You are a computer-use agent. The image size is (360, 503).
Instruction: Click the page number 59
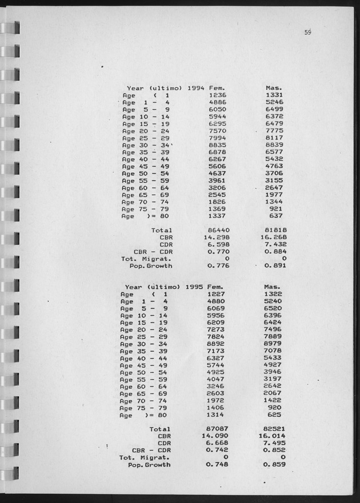point(307,33)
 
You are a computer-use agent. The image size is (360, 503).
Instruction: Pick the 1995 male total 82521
point(275,429)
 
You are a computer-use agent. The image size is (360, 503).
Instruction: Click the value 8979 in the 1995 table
point(275,344)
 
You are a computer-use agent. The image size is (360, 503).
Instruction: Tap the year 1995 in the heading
point(195,286)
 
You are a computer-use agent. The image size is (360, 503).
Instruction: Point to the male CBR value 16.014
point(272,436)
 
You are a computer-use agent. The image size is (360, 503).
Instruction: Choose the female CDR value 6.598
point(216,244)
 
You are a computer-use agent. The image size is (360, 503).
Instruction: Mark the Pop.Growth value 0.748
point(216,464)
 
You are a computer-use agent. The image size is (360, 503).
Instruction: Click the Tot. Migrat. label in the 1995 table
point(145,457)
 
